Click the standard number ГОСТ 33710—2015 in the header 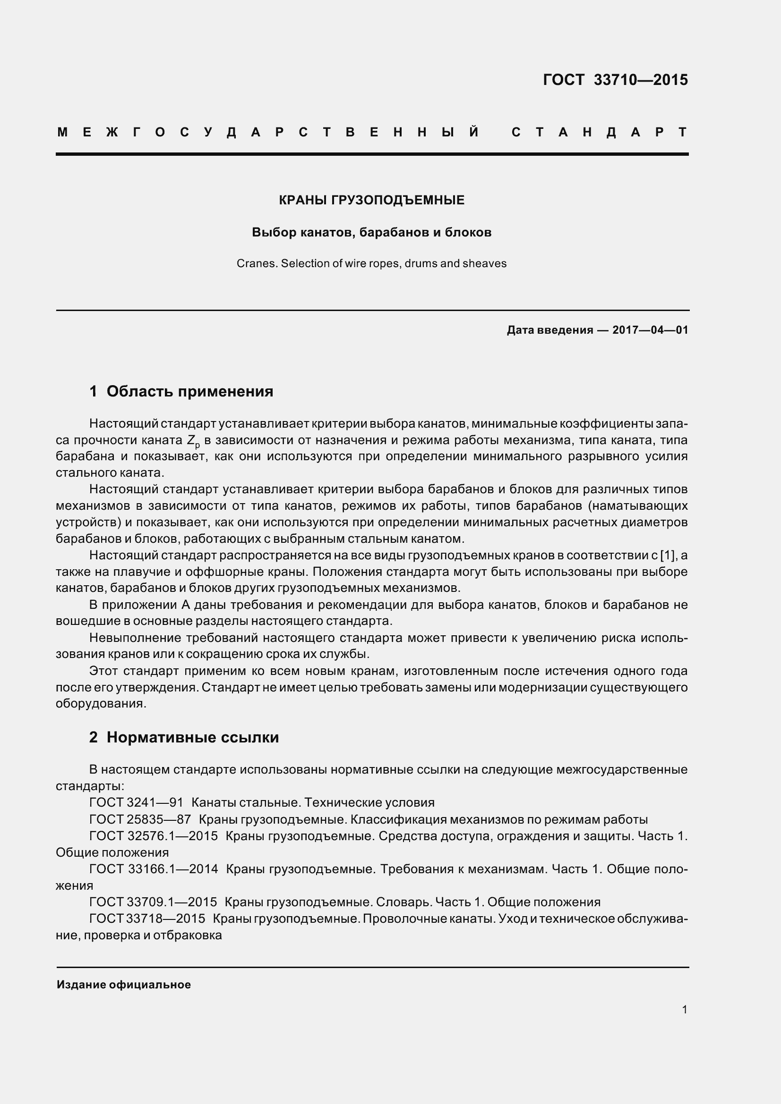tap(615, 79)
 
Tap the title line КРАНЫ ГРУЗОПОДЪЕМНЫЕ tap(371, 201)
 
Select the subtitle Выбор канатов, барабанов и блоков tap(371, 233)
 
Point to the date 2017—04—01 tap(650, 330)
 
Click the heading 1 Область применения tap(181, 391)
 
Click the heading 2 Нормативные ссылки tap(184, 737)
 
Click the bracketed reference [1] tap(668, 556)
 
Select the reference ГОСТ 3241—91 tap(136, 802)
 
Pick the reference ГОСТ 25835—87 tap(140, 819)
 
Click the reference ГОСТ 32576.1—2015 tap(154, 836)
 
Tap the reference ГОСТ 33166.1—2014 tap(154, 869)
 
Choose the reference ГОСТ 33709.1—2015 tap(153, 902)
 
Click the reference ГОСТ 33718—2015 tap(147, 919)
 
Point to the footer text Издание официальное tap(124, 985)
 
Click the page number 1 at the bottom tap(684, 1010)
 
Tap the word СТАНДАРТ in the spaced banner tap(599, 132)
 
